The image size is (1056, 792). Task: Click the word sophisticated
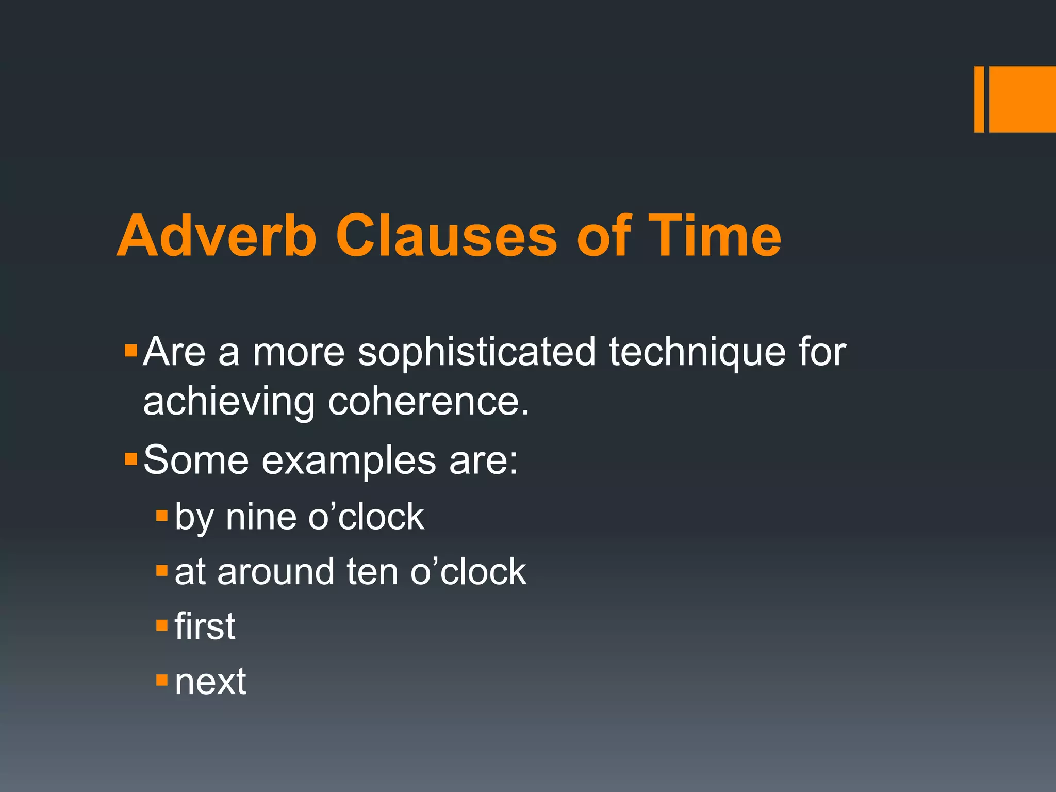tap(476, 352)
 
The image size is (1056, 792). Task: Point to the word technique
tap(697, 352)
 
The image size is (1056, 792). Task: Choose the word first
tap(205, 626)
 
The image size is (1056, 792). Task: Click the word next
tap(210, 681)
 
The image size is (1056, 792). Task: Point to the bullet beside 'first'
tap(162, 625)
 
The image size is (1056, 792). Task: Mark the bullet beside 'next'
tap(162, 680)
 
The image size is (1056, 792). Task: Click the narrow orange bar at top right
tap(979, 99)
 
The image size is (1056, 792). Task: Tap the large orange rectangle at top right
tap(1022, 99)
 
